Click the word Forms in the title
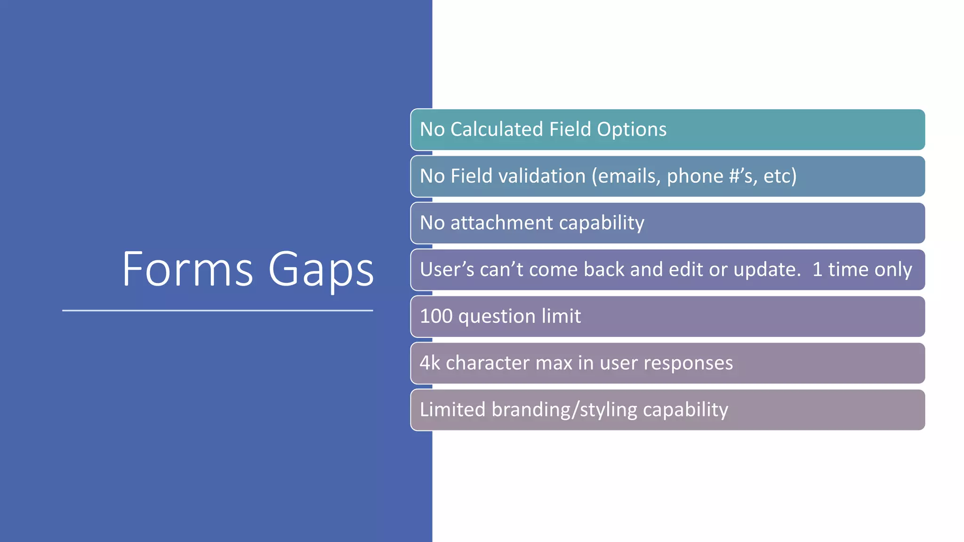[x=187, y=270]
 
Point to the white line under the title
[x=217, y=311]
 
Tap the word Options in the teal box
[x=632, y=129]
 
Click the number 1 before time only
[x=818, y=270]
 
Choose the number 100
[x=436, y=316]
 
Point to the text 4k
[x=430, y=363]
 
